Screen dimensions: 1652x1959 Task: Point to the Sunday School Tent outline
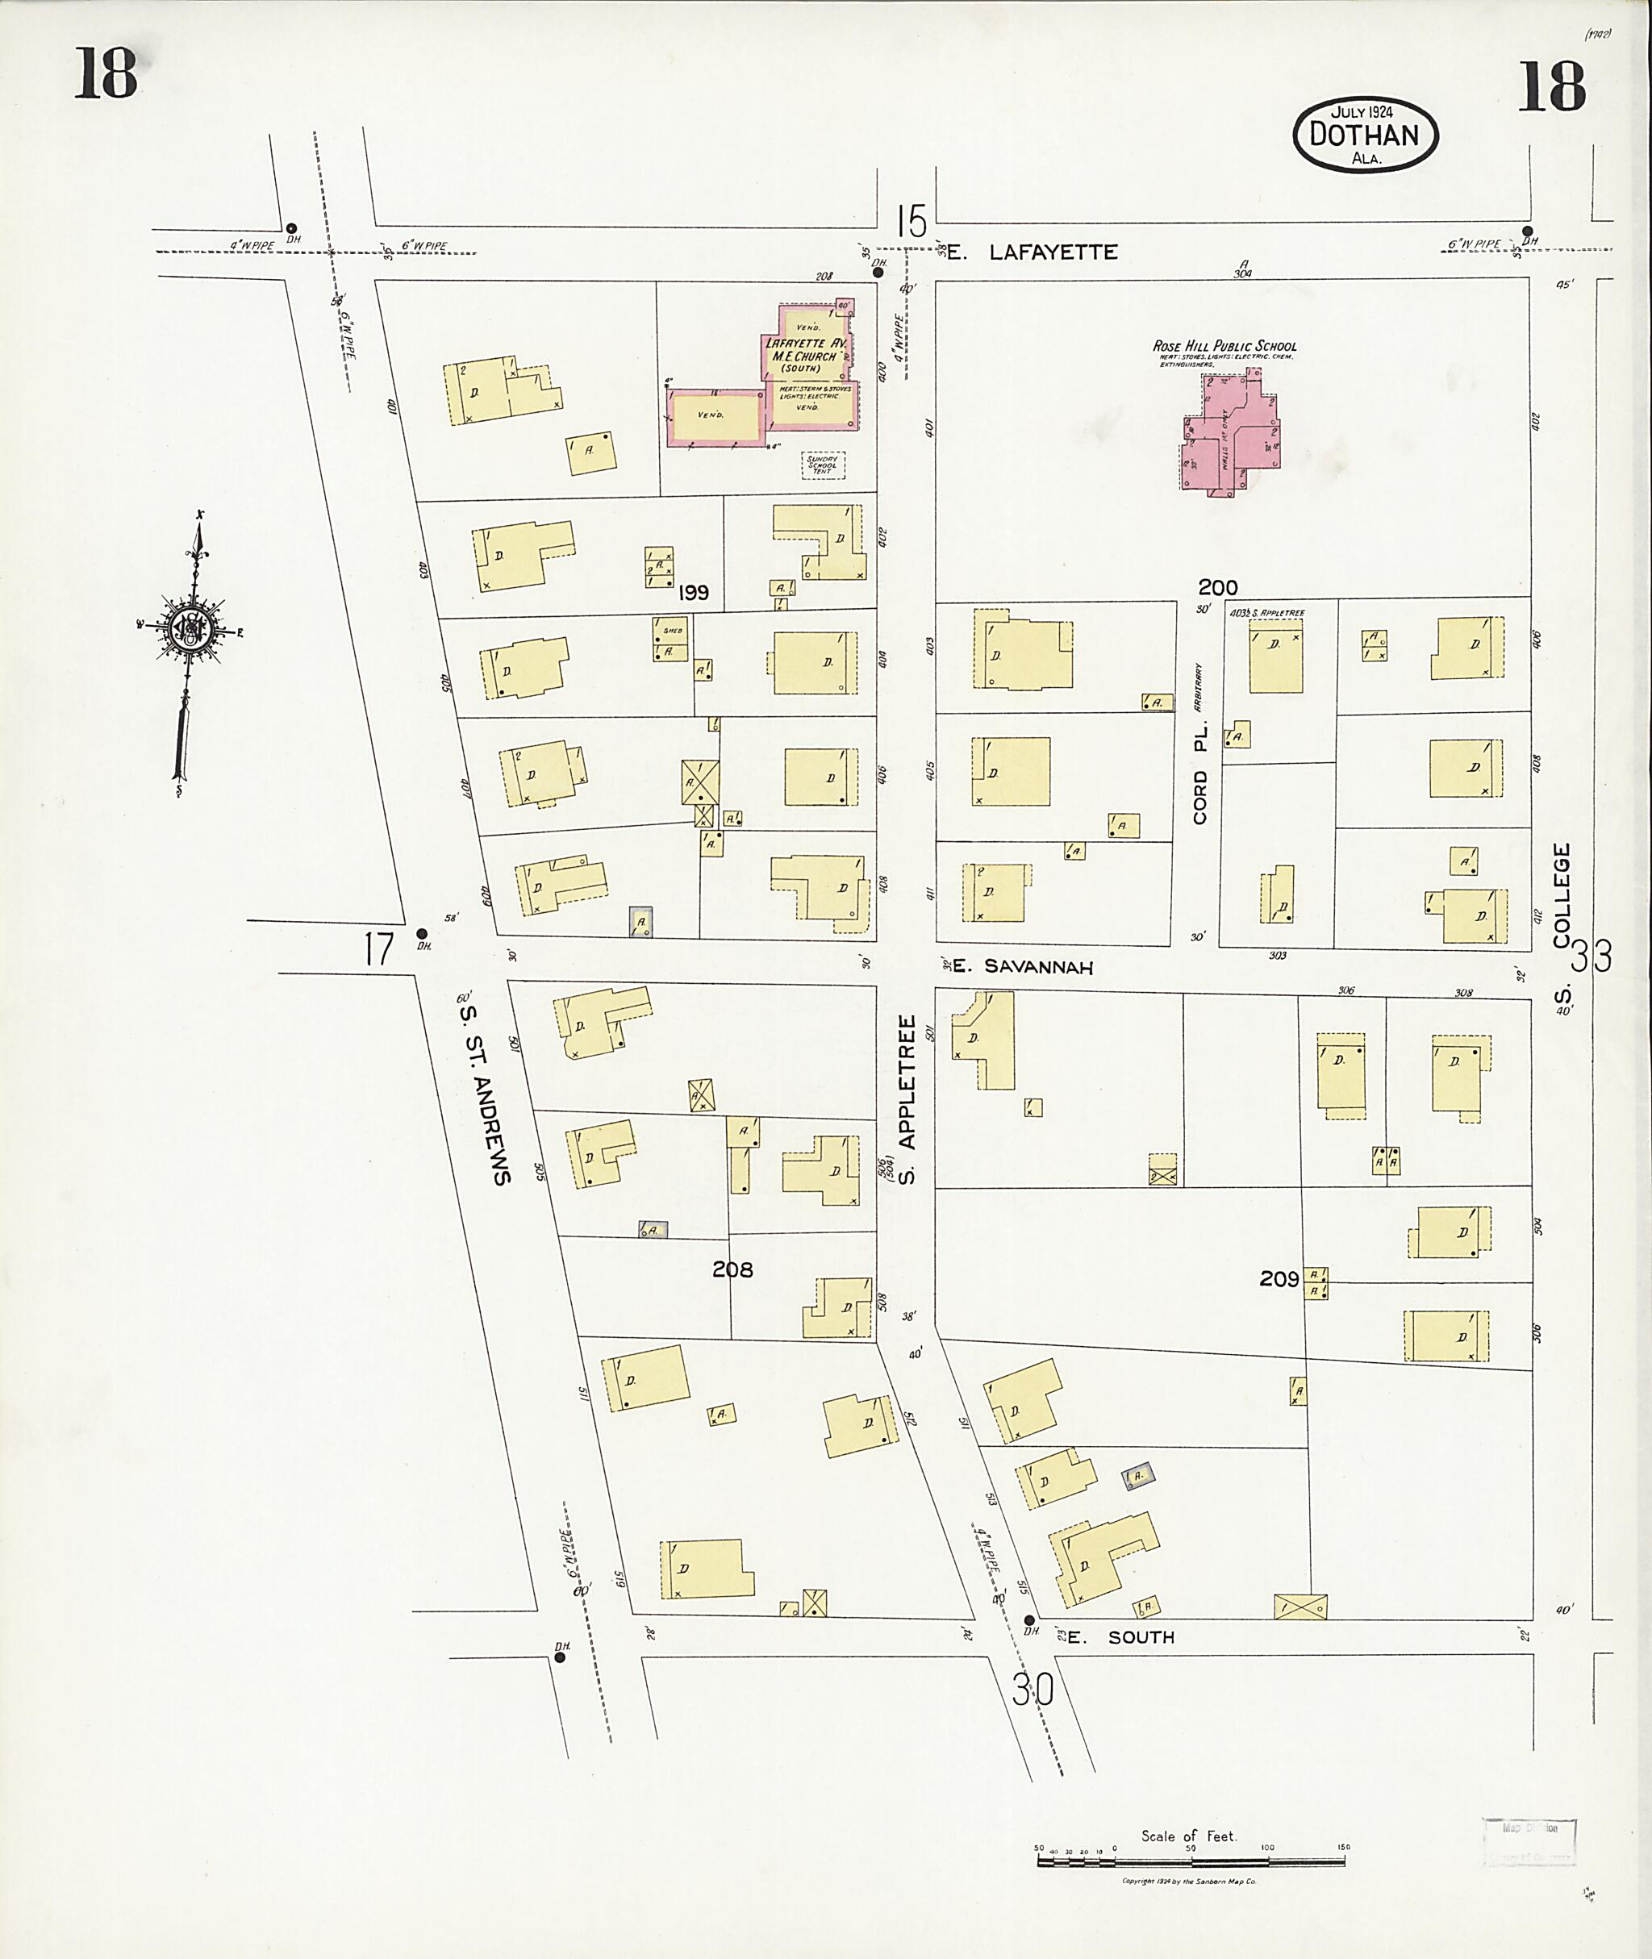point(824,465)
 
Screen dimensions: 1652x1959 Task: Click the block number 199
point(694,593)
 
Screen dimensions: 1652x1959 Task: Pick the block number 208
point(732,1269)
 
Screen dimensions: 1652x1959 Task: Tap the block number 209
point(1279,1278)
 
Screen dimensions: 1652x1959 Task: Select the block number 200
point(1217,587)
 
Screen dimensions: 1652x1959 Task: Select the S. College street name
point(1560,923)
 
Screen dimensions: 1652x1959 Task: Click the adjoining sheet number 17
point(379,951)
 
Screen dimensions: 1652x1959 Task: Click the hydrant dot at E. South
point(1028,1620)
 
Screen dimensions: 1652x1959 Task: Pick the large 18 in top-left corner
point(106,75)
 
